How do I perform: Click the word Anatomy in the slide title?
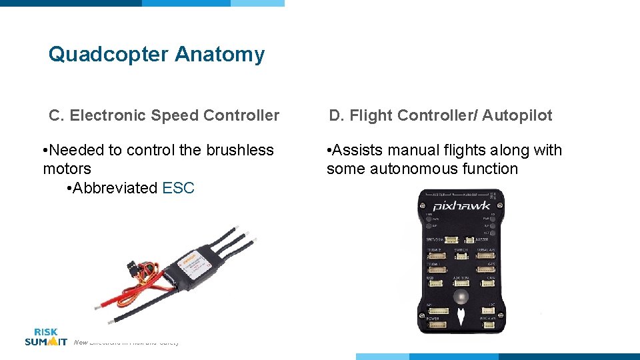click(x=219, y=55)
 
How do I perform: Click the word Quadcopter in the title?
click(x=109, y=55)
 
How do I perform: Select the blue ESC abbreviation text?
click(x=178, y=188)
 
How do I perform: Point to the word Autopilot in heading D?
click(x=517, y=115)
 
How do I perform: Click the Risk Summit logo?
click(x=45, y=337)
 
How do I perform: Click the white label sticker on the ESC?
click(x=197, y=270)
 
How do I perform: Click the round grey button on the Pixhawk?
click(x=460, y=297)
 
